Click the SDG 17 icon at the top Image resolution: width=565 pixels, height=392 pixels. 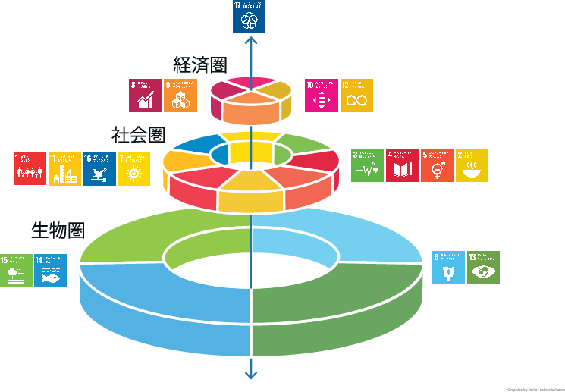coord(249,17)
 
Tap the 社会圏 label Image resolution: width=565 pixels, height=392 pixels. coord(138,135)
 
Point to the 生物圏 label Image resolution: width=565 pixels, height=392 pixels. coord(57,229)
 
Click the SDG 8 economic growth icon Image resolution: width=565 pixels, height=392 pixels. coord(145,96)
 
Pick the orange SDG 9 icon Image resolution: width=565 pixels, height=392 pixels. coord(180,96)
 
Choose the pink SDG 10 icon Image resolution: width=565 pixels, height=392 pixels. coord(321,96)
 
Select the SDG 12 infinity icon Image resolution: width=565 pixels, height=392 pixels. coord(356,96)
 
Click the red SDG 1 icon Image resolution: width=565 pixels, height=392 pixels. coord(30,169)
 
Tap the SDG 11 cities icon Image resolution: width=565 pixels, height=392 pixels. coord(65,169)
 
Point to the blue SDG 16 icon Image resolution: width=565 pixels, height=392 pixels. coord(99,169)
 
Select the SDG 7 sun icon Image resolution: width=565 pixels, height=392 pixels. coord(134,169)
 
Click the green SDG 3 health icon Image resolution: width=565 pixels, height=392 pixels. coord(367,165)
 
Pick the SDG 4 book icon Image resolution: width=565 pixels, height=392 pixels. coord(402,165)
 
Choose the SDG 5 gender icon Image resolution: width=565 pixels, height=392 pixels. coord(437,165)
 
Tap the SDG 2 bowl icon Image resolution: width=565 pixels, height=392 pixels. coord(472,165)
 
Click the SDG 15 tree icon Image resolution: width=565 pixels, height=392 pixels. coord(16,271)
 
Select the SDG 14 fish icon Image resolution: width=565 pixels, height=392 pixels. coord(51,271)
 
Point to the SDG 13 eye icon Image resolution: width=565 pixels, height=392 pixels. coord(483,268)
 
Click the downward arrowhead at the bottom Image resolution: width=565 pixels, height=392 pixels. coord(250,374)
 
